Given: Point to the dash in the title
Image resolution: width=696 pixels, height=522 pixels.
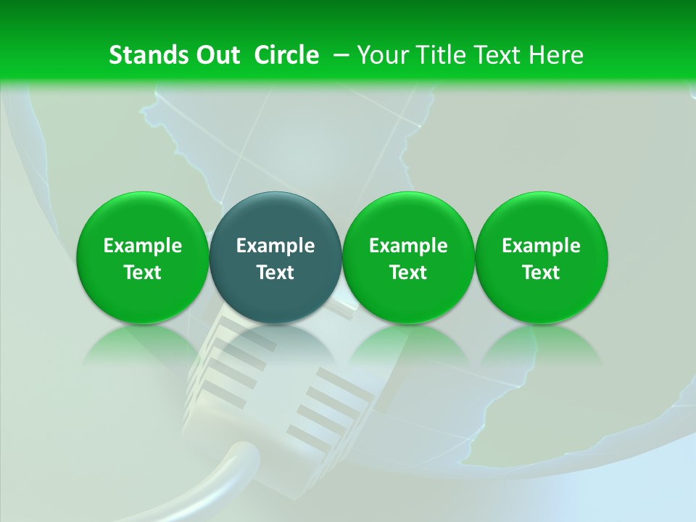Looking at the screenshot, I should pyautogui.click(x=339, y=55).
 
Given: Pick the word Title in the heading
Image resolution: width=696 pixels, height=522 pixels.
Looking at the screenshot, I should pyautogui.click(x=435, y=55).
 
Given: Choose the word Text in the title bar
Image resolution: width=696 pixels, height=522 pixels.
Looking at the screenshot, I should pyautogui.click(x=492, y=55).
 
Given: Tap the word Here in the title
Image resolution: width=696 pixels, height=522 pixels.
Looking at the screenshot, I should pyautogui.click(x=555, y=55).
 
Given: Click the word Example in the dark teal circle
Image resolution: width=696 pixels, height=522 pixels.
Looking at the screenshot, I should pyautogui.click(x=275, y=246).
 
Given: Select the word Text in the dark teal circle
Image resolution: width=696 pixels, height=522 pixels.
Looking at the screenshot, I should pyautogui.click(x=275, y=273).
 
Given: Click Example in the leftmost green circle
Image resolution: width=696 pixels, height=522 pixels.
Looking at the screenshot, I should pyautogui.click(x=143, y=246).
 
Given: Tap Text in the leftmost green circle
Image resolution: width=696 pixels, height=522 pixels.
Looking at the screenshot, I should pyautogui.click(x=143, y=273).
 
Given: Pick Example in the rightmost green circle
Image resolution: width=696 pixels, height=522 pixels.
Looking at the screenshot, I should pyautogui.click(x=541, y=246).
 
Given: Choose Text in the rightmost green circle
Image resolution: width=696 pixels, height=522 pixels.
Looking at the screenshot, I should pyautogui.click(x=541, y=273).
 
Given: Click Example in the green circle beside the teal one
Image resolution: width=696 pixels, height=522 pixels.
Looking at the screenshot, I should pyautogui.click(x=408, y=246).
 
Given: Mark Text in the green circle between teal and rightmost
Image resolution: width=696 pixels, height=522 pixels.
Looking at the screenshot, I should pyautogui.click(x=408, y=273).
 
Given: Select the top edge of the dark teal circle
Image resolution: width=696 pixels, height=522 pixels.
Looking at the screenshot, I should pyautogui.click(x=275, y=194).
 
